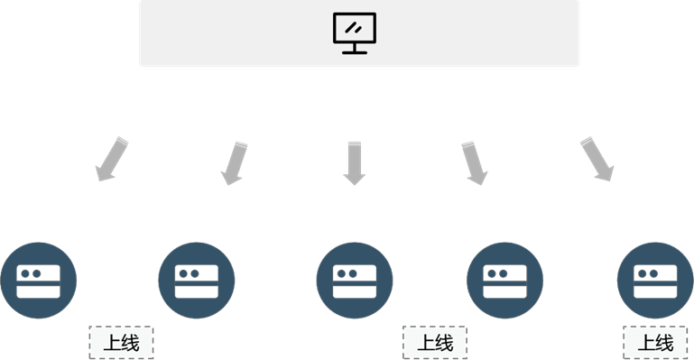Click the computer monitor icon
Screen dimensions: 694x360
355,33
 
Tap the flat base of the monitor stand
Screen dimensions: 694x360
355,52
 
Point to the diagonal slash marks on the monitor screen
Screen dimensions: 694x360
353,28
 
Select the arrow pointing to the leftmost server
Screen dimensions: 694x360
112,159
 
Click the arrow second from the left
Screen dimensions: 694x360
234,163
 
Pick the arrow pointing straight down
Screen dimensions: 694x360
355,163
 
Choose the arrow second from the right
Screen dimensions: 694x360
475,163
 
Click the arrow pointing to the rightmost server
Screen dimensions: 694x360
597,159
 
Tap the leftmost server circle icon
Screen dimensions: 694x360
39,281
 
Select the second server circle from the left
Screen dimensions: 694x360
197,281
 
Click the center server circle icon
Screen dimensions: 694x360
355,281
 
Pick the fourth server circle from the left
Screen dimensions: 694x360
504,281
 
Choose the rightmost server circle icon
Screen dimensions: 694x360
655,281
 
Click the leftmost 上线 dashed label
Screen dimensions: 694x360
121,343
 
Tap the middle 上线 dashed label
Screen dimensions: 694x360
435,343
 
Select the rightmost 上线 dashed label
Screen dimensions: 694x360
655,343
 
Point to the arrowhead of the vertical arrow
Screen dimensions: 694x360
355,180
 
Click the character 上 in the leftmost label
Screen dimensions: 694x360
113,343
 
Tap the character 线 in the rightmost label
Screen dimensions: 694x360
664,343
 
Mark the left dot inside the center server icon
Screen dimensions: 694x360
342,273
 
